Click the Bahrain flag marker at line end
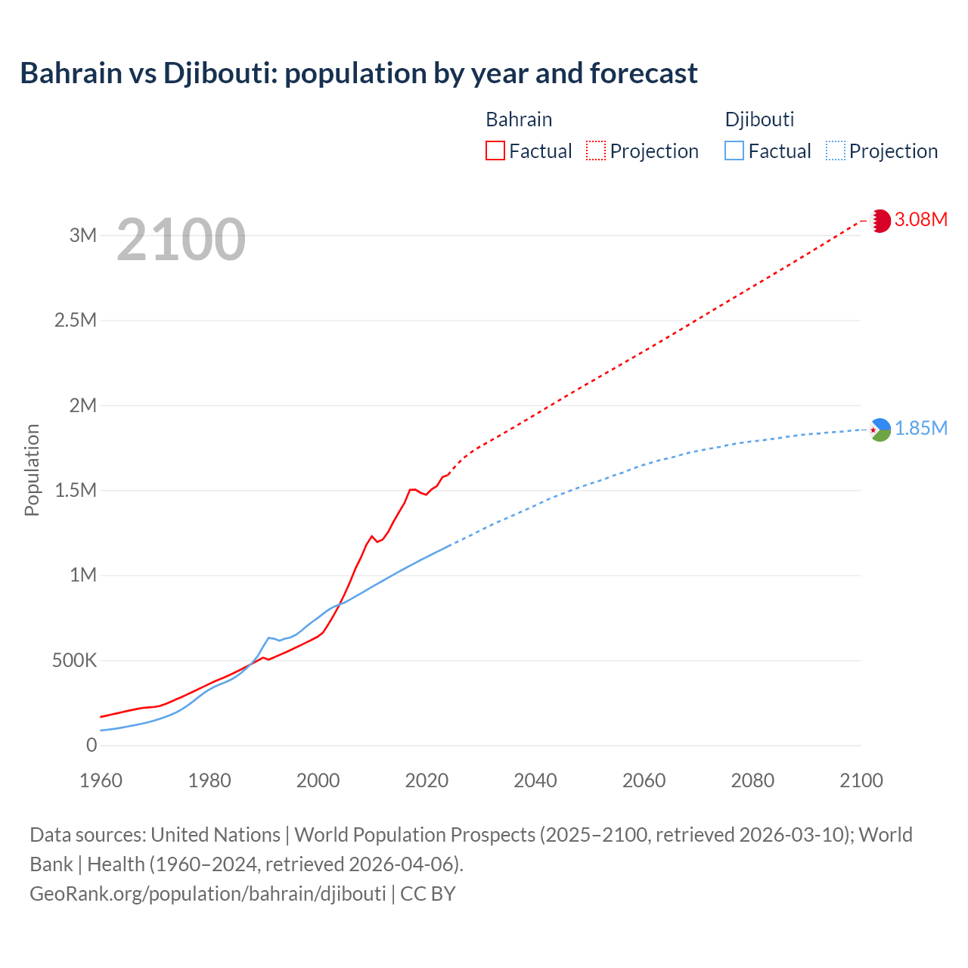880,221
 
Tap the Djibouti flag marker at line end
880,430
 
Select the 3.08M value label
921,220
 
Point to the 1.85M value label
921,429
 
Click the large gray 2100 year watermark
181,240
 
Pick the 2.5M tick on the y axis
76,320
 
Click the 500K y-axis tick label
75,661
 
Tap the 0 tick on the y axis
92,746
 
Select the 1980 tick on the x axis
209,780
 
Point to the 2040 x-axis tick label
535,780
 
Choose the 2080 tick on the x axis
752,780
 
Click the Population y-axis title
32,470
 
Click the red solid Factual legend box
495,150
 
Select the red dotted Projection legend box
596,150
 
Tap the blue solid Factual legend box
734,150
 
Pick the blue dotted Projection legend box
835,150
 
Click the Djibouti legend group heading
759,119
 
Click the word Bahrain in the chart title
70,73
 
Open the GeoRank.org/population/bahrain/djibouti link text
208,894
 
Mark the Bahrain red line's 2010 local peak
372,536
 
